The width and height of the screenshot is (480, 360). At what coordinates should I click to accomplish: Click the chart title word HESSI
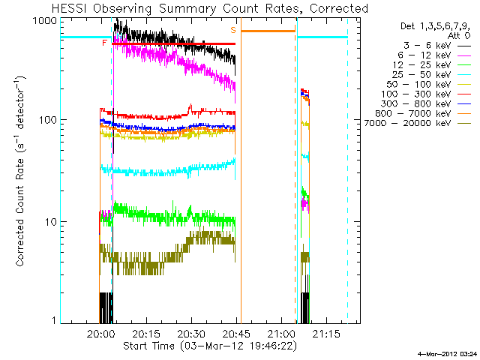70,8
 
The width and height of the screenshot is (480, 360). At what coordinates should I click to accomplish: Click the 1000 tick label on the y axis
45,21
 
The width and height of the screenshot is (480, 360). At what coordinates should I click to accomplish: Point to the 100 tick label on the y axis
48,120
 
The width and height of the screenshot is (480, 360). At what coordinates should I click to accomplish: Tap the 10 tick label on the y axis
52,222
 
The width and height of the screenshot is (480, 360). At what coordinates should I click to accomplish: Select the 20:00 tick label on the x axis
101,334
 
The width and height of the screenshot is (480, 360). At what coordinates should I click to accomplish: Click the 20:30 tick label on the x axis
192,334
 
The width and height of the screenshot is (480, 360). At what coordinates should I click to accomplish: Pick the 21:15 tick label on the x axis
326,334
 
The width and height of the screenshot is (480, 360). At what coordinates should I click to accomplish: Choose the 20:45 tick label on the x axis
237,334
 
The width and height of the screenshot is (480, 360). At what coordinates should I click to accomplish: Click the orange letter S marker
233,30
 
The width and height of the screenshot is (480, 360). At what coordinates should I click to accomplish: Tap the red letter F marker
105,43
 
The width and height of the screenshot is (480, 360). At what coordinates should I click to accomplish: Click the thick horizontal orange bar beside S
268,31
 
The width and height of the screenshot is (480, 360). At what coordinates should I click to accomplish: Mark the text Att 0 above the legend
459,35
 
